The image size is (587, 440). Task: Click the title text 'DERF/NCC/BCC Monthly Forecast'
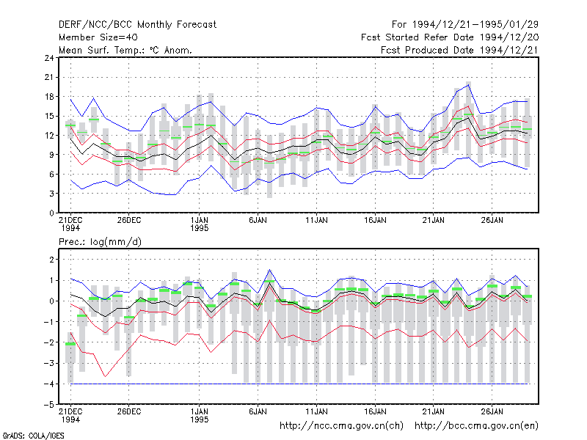137,25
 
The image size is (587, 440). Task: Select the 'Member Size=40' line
98,37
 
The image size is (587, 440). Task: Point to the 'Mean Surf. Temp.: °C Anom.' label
125,50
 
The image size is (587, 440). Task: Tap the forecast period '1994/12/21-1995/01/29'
475,25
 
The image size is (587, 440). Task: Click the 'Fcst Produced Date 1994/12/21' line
460,50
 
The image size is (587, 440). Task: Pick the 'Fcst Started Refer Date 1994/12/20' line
450,37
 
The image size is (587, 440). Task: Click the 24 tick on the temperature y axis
49,58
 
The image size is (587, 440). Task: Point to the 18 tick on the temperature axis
49,97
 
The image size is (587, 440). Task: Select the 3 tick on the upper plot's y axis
51,194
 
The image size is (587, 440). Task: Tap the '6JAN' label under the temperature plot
258,220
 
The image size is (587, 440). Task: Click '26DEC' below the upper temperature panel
129,220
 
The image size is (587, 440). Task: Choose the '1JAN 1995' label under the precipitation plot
199,415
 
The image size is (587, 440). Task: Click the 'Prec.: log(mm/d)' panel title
100,242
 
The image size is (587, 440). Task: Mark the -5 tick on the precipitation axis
48,405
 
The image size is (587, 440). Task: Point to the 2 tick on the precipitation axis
51,260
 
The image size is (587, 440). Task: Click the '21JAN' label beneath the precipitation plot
434,411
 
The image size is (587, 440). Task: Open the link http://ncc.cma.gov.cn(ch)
342,426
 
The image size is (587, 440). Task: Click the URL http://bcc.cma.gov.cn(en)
476,426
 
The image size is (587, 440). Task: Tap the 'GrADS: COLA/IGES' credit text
33,436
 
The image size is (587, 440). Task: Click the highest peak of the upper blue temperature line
468,85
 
